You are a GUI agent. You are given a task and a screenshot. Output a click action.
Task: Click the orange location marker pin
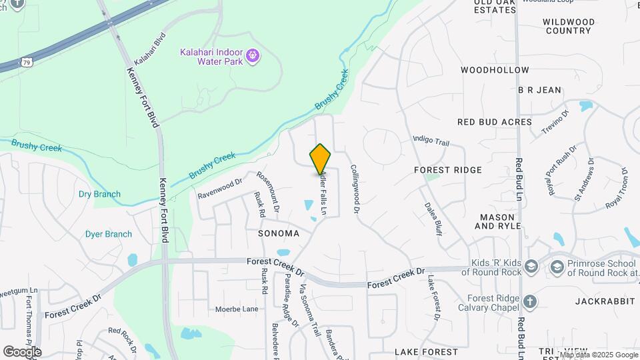pyautogui.click(x=321, y=159)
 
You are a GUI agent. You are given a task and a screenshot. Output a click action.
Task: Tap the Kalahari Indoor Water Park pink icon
pyautogui.click(x=252, y=55)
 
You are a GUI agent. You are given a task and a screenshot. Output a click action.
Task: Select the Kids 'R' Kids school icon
pyautogui.click(x=531, y=267)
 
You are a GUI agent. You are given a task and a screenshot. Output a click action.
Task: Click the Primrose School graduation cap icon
pyautogui.click(x=557, y=267)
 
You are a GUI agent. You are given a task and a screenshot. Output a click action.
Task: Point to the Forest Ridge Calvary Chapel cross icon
pyautogui.click(x=530, y=303)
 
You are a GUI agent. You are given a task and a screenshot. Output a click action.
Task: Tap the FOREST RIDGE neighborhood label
pyautogui.click(x=447, y=170)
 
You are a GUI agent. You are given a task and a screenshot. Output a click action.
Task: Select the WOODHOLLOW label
pyautogui.click(x=495, y=70)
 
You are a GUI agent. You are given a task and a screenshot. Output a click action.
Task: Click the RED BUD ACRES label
pyautogui.click(x=495, y=122)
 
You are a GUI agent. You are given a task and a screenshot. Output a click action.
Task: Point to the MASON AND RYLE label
pyautogui.click(x=497, y=222)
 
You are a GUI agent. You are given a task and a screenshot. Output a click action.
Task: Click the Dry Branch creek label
pyautogui.click(x=99, y=195)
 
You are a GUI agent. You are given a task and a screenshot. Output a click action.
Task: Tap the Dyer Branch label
pyautogui.click(x=108, y=234)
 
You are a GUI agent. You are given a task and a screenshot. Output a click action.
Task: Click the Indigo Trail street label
pyautogui.click(x=431, y=141)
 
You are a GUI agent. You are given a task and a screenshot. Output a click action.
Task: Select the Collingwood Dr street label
pyautogui.click(x=355, y=189)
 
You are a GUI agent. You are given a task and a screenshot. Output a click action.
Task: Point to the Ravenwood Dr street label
pyautogui.click(x=220, y=188)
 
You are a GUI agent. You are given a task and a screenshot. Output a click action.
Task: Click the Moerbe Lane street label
pyautogui.click(x=236, y=309)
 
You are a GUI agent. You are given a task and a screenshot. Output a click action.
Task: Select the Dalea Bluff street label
pyautogui.click(x=433, y=218)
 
